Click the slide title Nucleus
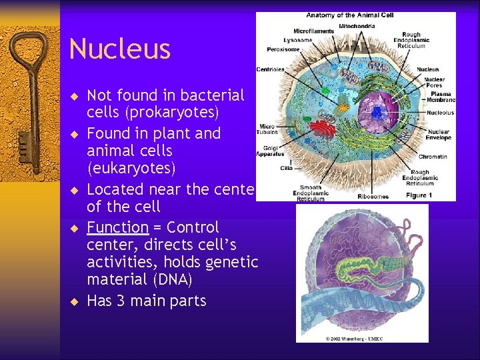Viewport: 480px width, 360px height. point(120,49)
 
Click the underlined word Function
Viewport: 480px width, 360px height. point(117,227)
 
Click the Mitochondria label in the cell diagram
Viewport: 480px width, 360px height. point(357,25)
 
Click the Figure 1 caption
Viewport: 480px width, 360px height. point(419,195)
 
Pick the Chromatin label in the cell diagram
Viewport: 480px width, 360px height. point(432,157)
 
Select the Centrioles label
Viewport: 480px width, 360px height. point(271,69)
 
